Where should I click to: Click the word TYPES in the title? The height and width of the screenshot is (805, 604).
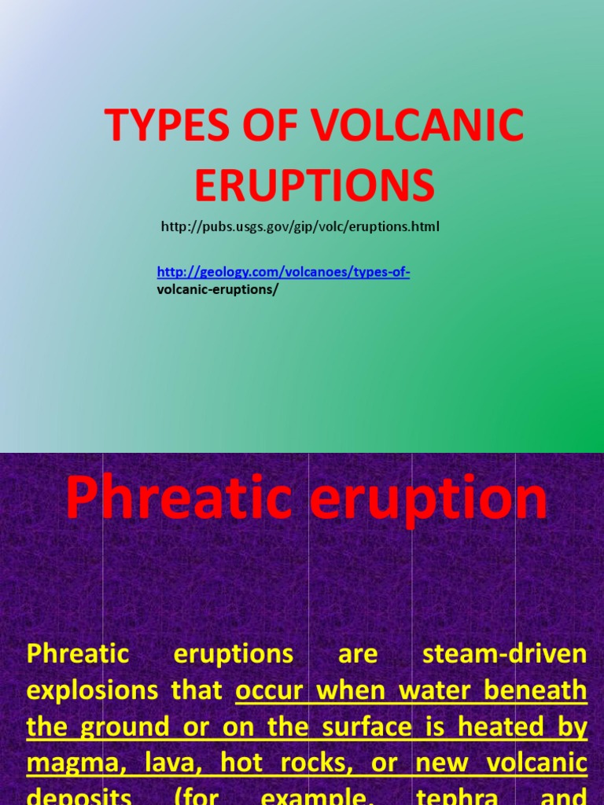pyautogui.click(x=160, y=126)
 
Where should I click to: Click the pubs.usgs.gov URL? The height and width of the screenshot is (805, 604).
pyautogui.click(x=300, y=226)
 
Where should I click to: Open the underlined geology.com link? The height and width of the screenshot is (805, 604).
pyautogui.click(x=283, y=272)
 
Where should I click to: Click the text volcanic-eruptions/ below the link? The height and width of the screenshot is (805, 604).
pyautogui.click(x=218, y=289)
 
